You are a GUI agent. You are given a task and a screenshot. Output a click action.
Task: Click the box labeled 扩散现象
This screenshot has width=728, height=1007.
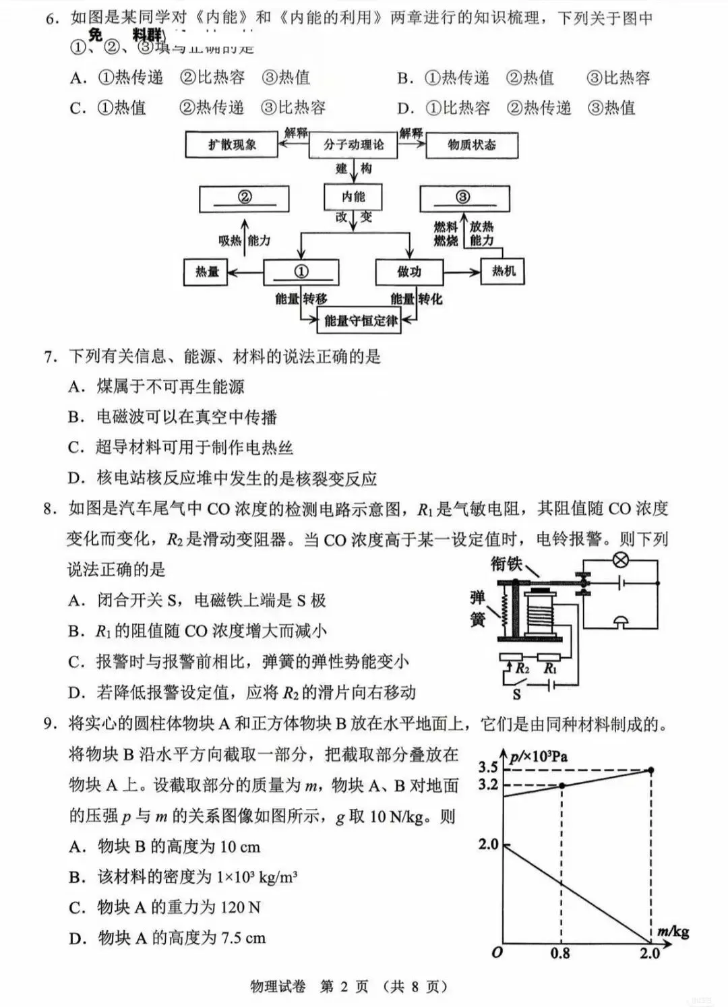pyautogui.click(x=231, y=145)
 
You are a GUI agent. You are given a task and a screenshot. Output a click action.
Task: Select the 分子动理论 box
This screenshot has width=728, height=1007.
pyautogui.click(x=353, y=145)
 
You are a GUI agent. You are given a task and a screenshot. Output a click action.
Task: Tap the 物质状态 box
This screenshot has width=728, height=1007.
pyautogui.click(x=471, y=145)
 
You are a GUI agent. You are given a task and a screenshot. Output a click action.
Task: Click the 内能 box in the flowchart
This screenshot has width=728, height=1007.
pyautogui.click(x=353, y=197)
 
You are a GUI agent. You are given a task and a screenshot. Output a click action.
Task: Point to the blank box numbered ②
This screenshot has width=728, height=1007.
pyautogui.click(x=245, y=198)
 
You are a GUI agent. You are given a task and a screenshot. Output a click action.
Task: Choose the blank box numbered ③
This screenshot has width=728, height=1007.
pyautogui.click(x=464, y=198)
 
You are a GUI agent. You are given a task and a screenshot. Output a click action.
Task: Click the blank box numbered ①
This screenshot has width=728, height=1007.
pyautogui.click(x=301, y=272)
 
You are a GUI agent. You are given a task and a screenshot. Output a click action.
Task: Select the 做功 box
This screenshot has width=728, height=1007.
pyautogui.click(x=408, y=272)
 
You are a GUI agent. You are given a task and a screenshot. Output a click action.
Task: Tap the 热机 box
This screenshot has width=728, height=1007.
pyautogui.click(x=503, y=272)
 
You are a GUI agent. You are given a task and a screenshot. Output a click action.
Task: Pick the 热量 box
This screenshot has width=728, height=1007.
pyautogui.click(x=207, y=272)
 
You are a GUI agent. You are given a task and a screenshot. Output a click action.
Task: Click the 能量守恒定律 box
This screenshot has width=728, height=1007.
pyautogui.click(x=360, y=321)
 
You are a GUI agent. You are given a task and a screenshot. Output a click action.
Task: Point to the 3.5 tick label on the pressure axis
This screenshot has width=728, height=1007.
pyautogui.click(x=488, y=767)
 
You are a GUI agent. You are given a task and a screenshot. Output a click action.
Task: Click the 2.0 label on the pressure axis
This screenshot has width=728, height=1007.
pyautogui.click(x=488, y=845)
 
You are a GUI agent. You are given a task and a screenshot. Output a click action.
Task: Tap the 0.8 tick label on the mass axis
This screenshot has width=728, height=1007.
pyautogui.click(x=560, y=954)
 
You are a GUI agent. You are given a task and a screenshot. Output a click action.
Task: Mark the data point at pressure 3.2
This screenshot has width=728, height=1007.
pyautogui.click(x=562, y=785)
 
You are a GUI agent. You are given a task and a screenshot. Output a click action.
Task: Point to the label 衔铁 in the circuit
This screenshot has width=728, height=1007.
pyautogui.click(x=506, y=563)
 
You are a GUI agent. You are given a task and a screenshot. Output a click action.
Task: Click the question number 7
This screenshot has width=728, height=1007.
pyautogui.click(x=51, y=357)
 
